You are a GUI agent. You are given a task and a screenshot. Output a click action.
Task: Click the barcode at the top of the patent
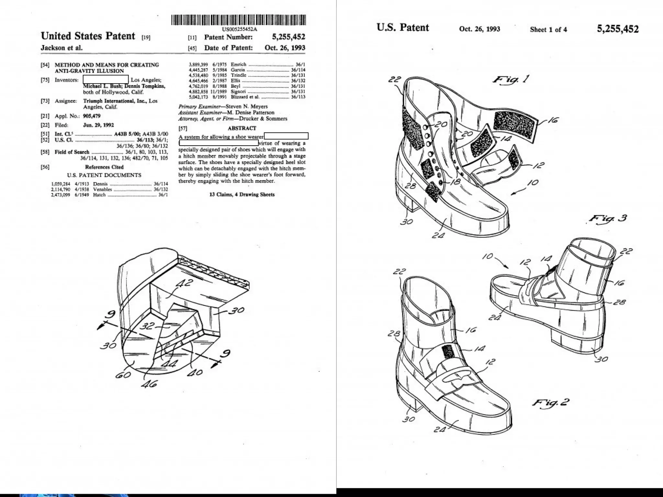point(238,20)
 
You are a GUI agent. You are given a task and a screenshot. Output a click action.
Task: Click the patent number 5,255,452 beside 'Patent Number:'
point(288,37)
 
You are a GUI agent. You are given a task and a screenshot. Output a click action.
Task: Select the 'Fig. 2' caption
point(550,403)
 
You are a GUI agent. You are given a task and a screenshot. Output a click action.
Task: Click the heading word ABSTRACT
point(242,128)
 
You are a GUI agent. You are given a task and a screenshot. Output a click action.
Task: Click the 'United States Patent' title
point(88,36)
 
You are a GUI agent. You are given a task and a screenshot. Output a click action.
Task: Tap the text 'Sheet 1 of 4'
point(548,29)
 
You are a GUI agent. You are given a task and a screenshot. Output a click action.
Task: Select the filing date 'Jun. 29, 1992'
point(98,125)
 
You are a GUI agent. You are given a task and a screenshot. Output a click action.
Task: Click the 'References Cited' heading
point(104,167)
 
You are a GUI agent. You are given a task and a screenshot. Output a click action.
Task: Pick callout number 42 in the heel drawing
point(185,284)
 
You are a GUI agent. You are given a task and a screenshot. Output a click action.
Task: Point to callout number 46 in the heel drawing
point(150,384)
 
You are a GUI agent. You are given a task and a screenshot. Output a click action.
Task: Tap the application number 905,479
point(92,116)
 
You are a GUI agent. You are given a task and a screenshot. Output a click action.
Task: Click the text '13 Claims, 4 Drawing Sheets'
point(242,194)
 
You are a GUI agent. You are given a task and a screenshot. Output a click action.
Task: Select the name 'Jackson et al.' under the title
point(62,48)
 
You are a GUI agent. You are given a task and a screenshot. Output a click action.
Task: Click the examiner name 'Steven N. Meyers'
point(247,106)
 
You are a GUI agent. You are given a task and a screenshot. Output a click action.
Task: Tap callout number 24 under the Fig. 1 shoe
point(439,235)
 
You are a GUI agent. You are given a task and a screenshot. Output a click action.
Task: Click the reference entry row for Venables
point(109,190)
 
